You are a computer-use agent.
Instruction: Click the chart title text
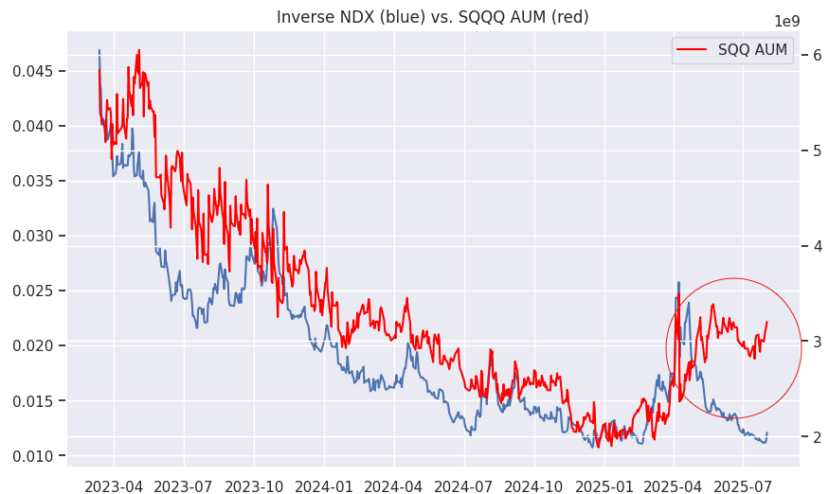[x=432, y=17]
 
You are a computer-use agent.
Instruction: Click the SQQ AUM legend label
[x=753, y=50]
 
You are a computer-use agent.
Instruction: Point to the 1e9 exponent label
[x=787, y=22]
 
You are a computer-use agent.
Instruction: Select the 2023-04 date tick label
[x=115, y=486]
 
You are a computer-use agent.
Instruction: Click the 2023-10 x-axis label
[x=254, y=486]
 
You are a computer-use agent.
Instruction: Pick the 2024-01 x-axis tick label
[x=324, y=486]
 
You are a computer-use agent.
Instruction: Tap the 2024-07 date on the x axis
[x=463, y=486]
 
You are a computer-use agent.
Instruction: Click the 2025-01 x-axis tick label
[x=604, y=486]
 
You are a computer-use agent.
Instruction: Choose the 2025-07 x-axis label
[x=742, y=486]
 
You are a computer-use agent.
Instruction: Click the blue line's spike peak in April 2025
[x=678, y=282]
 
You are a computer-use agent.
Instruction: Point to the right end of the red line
[x=766, y=322]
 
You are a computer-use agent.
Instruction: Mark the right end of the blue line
[x=766, y=433]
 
